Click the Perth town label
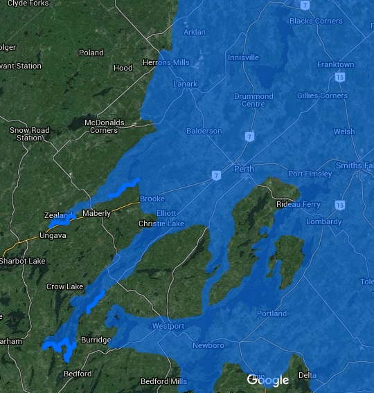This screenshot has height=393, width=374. [244, 169]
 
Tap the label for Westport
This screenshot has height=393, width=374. [168, 326]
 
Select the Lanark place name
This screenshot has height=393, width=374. [185, 84]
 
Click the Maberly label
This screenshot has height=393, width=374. [96, 213]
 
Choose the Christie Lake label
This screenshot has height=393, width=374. [161, 224]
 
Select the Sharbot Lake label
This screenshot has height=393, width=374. [23, 261]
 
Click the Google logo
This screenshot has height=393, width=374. [268, 380]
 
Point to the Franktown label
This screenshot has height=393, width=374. [335, 64]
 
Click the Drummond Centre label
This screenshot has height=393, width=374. [253, 100]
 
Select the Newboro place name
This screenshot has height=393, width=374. [208, 345]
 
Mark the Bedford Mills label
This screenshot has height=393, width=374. [163, 381]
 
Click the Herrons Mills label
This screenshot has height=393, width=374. [166, 63]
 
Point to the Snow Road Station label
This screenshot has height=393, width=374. [30, 134]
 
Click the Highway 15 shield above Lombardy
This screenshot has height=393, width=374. [339, 205]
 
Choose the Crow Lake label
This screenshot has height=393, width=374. [64, 286]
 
